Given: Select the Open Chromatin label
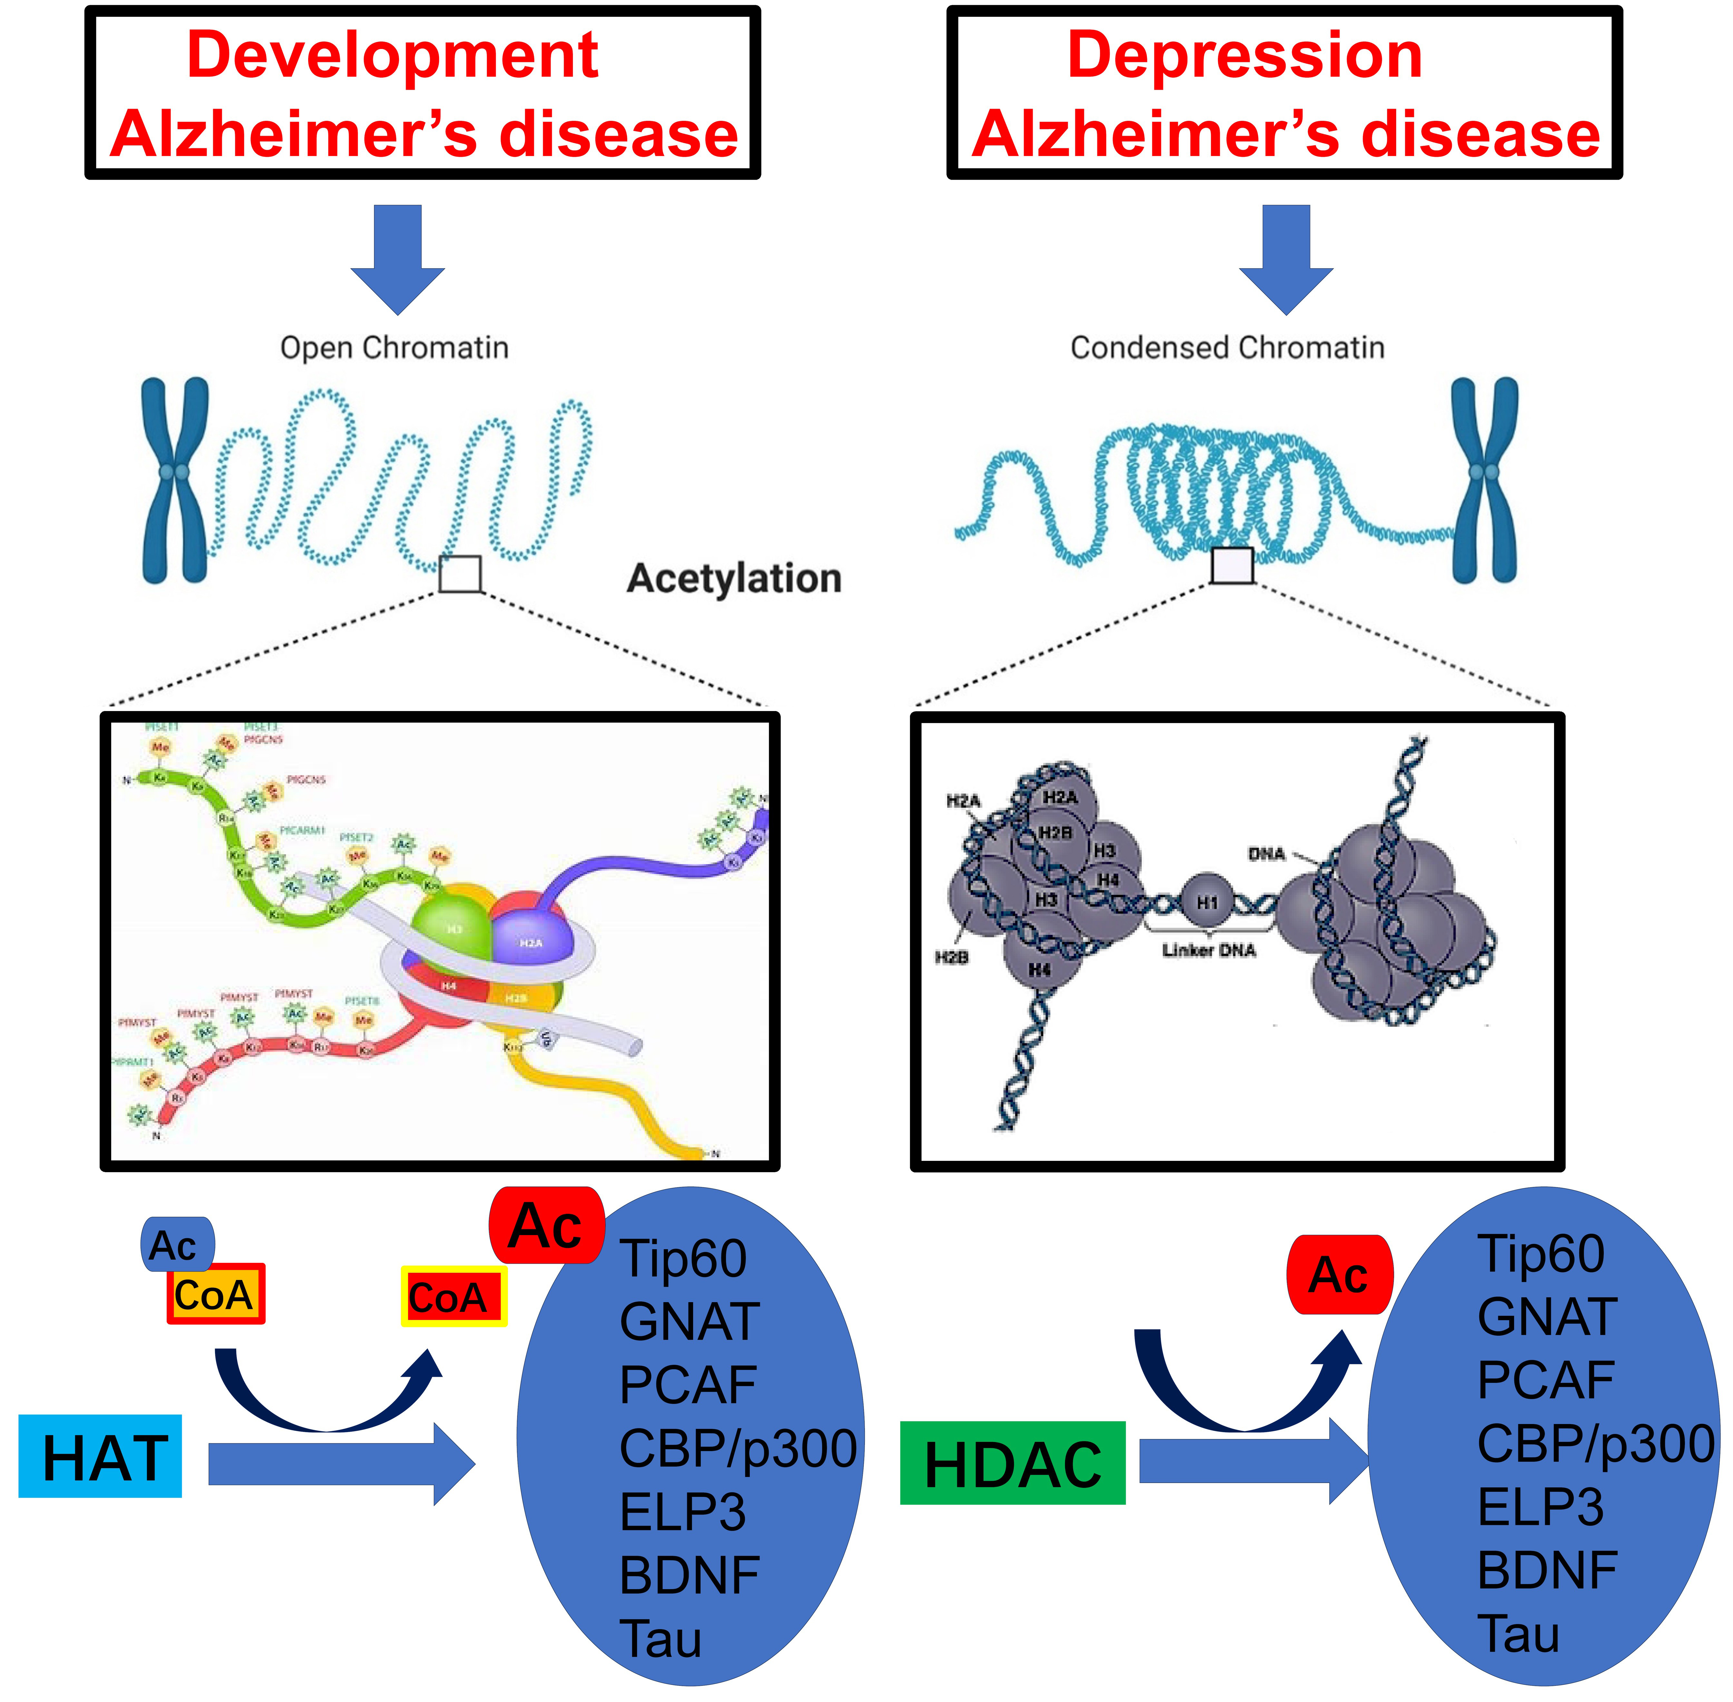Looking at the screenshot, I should pyautogui.click(x=394, y=348).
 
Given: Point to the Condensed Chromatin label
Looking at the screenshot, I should pyautogui.click(x=1227, y=348).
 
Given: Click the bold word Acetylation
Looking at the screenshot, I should pyautogui.click(x=734, y=579).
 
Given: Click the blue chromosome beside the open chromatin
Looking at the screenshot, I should pyautogui.click(x=175, y=480).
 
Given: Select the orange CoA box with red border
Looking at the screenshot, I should pyautogui.click(x=215, y=1293).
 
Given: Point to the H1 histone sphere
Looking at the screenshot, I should pyautogui.click(x=1207, y=903).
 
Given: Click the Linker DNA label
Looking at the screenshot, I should pyautogui.click(x=1209, y=950).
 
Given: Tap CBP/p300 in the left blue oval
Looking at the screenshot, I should pyautogui.click(x=737, y=1448).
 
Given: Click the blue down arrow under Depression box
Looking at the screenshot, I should pyautogui.click(x=1285, y=259).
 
